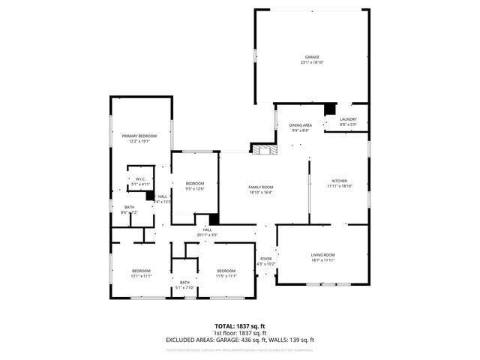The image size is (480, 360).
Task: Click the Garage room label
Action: [312, 57]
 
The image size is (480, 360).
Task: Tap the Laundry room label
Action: [348, 119]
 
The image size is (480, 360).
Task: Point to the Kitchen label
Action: [340, 181]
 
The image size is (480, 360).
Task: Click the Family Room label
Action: [261, 187]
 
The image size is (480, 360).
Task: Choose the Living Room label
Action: [323, 255]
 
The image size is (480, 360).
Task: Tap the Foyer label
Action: [266, 259]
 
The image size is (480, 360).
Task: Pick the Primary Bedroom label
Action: [139, 136]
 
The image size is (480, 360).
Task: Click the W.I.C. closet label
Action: [140, 178]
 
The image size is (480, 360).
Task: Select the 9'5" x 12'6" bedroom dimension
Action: [195, 189]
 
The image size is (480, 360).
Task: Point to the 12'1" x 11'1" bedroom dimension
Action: [141, 276]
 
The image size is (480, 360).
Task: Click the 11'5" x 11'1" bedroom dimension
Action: [226, 276]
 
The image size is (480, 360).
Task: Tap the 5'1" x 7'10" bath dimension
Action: [184, 287]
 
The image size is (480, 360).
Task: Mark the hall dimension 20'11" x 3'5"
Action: [207, 235]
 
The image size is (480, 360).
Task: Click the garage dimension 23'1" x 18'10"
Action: [312, 62]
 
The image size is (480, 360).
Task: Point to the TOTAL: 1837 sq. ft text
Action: [240, 326]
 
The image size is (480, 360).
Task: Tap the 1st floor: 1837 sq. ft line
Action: [240, 333]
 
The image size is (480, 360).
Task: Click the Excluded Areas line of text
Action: [240, 340]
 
